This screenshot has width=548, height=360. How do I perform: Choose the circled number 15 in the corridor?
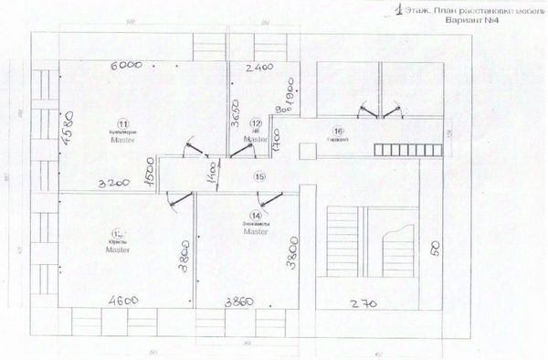click(x=259, y=176)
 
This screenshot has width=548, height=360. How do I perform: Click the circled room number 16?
click(x=338, y=130)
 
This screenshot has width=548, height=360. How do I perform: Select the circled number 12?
click(x=257, y=122)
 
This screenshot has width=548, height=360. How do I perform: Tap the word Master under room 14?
click(x=256, y=233)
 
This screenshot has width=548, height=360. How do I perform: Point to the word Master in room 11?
click(x=121, y=142)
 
